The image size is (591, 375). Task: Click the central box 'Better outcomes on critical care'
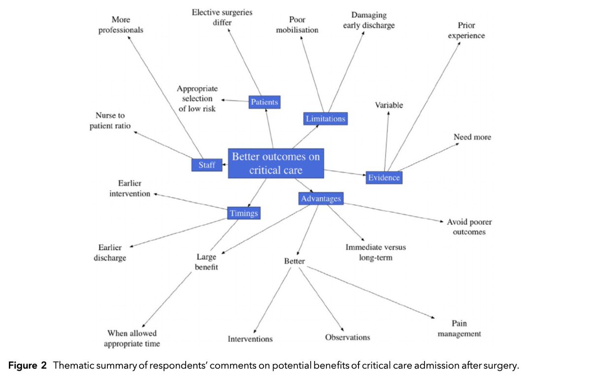point(276,164)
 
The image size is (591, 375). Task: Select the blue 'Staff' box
point(207,165)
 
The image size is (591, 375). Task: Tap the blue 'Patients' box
point(264,102)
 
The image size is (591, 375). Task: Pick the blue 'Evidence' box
point(384,177)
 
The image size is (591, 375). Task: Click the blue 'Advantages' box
point(321,199)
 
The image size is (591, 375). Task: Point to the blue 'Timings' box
point(243,213)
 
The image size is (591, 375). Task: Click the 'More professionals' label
point(121,25)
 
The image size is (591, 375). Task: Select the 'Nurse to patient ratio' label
point(110,121)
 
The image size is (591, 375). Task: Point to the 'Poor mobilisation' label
point(297,25)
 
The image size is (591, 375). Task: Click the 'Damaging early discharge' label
point(369,21)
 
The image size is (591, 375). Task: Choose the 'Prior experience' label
point(466,31)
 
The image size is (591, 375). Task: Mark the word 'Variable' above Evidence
point(389,105)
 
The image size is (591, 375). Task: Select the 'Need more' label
point(472,136)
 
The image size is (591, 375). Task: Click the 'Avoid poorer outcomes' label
point(469,227)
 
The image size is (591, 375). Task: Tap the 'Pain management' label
point(459,329)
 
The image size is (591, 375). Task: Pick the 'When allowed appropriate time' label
point(132,339)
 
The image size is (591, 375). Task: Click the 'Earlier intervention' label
point(130,189)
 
